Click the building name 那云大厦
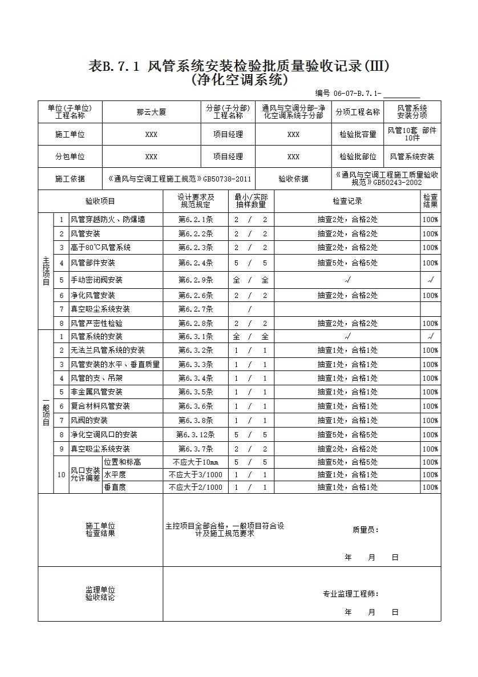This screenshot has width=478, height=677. click(x=151, y=112)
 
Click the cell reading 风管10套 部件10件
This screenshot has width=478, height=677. click(x=412, y=134)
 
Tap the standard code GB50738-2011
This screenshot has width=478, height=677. click(x=226, y=179)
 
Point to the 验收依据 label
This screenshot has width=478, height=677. click(x=293, y=179)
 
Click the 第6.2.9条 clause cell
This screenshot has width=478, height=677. click(x=196, y=280)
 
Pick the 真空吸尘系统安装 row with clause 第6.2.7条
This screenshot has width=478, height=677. click(x=100, y=309)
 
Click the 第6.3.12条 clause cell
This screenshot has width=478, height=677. click(x=196, y=435)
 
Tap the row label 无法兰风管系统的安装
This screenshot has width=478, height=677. click(x=107, y=350)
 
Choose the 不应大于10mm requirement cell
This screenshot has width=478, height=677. click(x=196, y=462)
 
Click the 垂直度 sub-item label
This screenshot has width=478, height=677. click(x=115, y=487)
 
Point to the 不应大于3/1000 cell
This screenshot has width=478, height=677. click(x=196, y=475)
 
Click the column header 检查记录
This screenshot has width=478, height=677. click(x=347, y=201)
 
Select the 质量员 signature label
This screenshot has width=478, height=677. click(x=366, y=530)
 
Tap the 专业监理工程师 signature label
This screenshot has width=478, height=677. click(x=350, y=594)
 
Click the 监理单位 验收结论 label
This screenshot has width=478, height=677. click(x=100, y=594)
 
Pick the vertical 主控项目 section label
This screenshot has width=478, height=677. click(x=46, y=271)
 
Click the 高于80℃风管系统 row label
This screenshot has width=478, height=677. click(x=100, y=248)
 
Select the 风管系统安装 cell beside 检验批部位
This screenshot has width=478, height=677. click(x=412, y=156)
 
